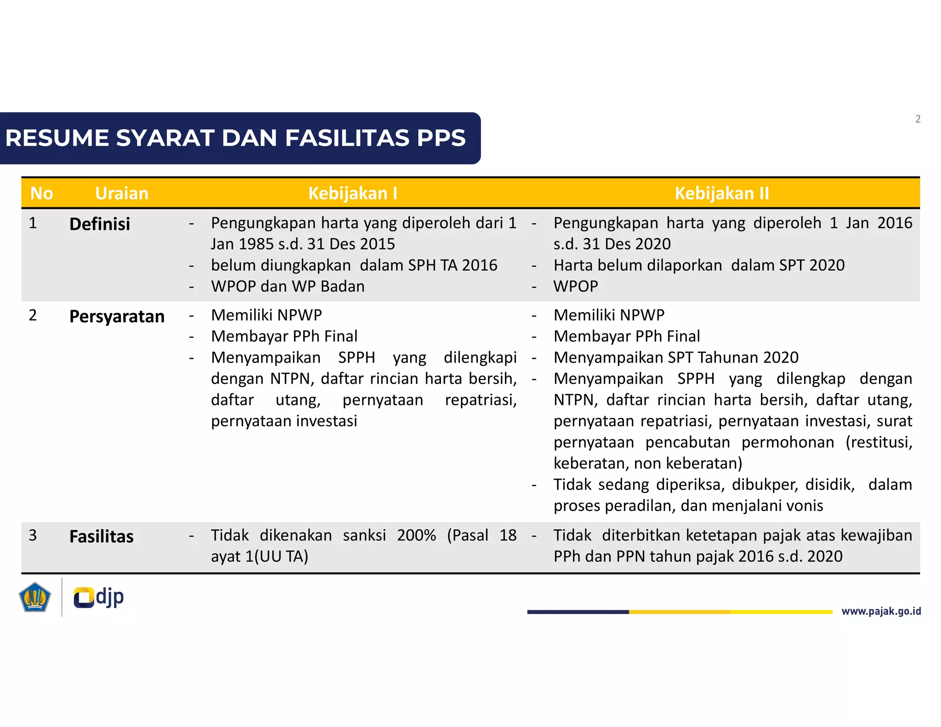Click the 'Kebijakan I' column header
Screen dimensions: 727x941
[x=352, y=193]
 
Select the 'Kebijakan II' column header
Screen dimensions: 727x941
[x=721, y=193]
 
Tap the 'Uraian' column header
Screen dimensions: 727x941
[x=122, y=193]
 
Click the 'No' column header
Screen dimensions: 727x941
[x=41, y=193]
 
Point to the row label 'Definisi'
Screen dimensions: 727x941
[x=100, y=224]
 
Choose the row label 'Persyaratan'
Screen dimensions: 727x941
[x=117, y=317]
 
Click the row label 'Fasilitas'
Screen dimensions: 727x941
[x=101, y=537]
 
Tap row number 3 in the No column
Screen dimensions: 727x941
[x=33, y=535]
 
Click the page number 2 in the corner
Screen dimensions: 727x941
[x=918, y=119]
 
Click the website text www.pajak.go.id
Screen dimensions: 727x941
[x=881, y=611]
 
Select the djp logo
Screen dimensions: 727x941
[x=99, y=597]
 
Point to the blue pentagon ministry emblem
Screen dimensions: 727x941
[x=34, y=597]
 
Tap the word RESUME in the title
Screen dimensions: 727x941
[x=57, y=138]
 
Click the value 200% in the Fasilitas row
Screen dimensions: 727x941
[x=416, y=535]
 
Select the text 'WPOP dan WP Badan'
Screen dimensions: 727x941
[x=288, y=286]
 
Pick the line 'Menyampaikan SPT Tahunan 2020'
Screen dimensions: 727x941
[x=676, y=358]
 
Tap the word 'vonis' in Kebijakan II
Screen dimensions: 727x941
[x=804, y=506]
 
